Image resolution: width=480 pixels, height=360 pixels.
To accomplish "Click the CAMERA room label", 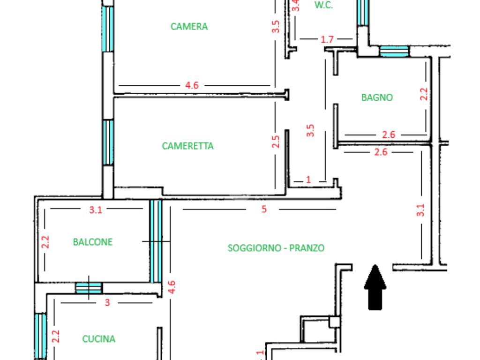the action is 189,27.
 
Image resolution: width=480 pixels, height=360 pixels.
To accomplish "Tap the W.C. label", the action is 323,5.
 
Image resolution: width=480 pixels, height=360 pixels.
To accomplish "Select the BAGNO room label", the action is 377,97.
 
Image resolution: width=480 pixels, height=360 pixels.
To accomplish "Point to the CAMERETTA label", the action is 187,146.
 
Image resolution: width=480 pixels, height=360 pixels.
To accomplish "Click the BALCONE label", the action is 93,242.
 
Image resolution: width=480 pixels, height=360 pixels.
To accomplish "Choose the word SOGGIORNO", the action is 255,248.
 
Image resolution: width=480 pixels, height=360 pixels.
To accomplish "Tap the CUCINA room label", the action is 99,339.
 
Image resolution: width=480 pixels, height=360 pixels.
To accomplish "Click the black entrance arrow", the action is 375,287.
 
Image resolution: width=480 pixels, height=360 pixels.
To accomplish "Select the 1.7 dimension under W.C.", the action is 327,39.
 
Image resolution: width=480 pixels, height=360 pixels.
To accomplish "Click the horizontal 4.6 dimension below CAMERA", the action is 192,85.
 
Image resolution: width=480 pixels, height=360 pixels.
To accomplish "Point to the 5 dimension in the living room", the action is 264,209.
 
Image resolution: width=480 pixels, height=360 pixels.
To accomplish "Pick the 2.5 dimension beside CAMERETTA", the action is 276,142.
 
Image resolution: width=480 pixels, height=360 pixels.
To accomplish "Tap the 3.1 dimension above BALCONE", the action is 96,210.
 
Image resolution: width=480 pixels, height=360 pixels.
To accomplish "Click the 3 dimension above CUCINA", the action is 107,302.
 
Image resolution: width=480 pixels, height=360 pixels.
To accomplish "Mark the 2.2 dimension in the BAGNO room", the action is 424,94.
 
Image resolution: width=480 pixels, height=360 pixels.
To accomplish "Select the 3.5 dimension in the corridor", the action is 310,130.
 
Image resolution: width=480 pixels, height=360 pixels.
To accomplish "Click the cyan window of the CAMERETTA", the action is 108,142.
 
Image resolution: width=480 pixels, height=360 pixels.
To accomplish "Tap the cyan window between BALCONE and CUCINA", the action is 89,288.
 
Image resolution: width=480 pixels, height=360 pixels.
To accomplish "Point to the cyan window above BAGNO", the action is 394,52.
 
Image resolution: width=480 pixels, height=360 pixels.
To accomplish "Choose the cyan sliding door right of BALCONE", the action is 156,241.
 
